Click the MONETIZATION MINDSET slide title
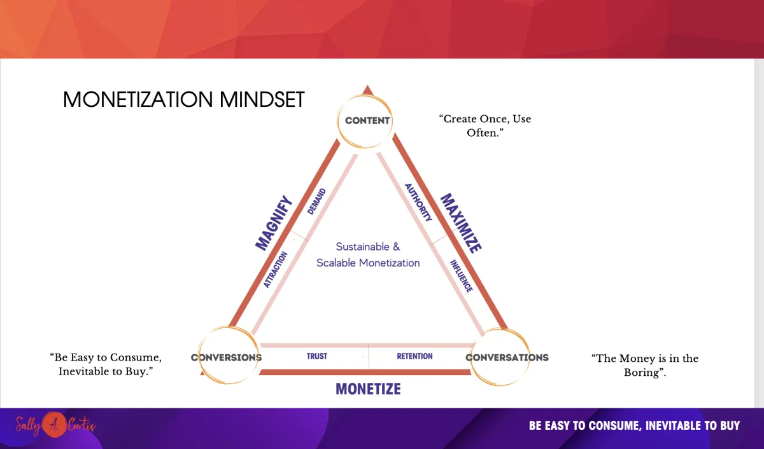click(x=183, y=99)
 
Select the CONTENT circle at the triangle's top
click(x=365, y=121)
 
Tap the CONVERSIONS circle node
click(x=228, y=355)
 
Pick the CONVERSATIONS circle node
click(x=500, y=357)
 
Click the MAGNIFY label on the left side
click(x=274, y=223)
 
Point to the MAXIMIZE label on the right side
click(x=461, y=223)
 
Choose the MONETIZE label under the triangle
click(x=368, y=389)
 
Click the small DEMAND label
click(x=316, y=202)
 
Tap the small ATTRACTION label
click(x=276, y=270)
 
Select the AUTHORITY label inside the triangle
click(x=418, y=202)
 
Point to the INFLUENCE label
click(x=462, y=276)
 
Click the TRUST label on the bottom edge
click(x=317, y=356)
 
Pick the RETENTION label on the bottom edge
click(x=414, y=356)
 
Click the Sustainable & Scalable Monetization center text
click(x=368, y=254)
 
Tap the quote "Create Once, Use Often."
click(x=485, y=126)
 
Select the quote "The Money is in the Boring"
click(x=644, y=365)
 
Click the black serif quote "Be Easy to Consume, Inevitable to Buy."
click(x=106, y=364)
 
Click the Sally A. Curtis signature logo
click(x=55, y=425)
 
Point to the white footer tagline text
click(x=634, y=426)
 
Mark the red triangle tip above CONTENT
click(x=367, y=85)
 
